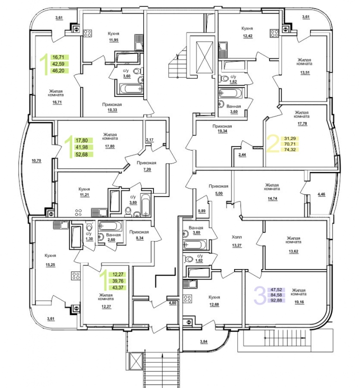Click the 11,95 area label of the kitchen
click(x=113, y=40)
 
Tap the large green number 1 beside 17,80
click(x=68, y=146)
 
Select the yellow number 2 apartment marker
click(x=272, y=144)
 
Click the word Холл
click(x=237, y=237)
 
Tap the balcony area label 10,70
click(x=36, y=160)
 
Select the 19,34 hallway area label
click(x=222, y=131)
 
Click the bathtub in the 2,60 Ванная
click(x=110, y=226)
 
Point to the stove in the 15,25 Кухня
click(x=75, y=276)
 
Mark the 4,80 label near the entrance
click(x=172, y=302)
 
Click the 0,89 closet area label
click(x=201, y=211)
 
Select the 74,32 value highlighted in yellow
click(x=289, y=149)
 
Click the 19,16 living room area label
click(x=299, y=302)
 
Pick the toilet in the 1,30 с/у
click(x=89, y=227)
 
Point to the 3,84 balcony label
click(x=203, y=341)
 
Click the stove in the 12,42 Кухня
click(x=274, y=33)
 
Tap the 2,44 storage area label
click(x=242, y=155)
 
